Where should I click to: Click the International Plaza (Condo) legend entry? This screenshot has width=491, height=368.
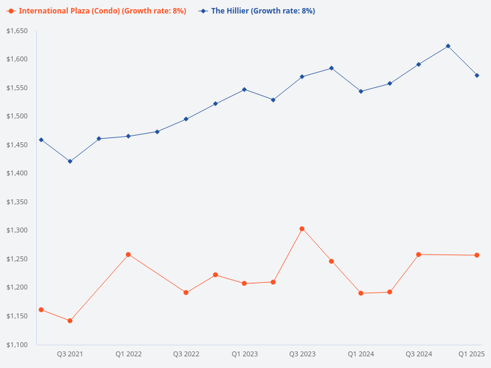pyautogui.click(x=98, y=11)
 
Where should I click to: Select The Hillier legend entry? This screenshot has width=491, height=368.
pyautogui.click(x=258, y=11)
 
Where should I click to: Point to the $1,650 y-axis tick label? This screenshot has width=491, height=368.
pyautogui.click(x=18, y=31)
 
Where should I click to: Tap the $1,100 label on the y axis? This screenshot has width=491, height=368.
pyautogui.click(x=18, y=345)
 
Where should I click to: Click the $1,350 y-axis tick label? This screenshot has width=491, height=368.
pyautogui.click(x=18, y=202)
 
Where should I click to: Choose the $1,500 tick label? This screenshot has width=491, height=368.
pyautogui.click(x=18, y=117)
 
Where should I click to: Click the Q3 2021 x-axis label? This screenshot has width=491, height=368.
pyautogui.click(x=70, y=354)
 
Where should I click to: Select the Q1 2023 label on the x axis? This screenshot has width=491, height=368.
pyautogui.click(x=244, y=354)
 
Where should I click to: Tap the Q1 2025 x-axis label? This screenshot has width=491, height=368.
pyautogui.click(x=472, y=354)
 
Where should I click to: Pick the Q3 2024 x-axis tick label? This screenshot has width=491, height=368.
pyautogui.click(x=419, y=354)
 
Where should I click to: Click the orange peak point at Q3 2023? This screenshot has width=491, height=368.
pyautogui.click(x=302, y=229)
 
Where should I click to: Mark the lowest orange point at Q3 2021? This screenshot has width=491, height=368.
pyautogui.click(x=70, y=321)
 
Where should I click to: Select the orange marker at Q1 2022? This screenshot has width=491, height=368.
pyautogui.click(x=128, y=255)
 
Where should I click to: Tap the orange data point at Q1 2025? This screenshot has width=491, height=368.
pyautogui.click(x=477, y=255)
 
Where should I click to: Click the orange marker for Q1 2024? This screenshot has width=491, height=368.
pyautogui.click(x=361, y=293)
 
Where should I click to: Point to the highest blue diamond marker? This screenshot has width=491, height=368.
pyautogui.click(x=448, y=46)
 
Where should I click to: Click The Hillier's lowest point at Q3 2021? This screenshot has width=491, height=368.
pyautogui.click(x=70, y=161)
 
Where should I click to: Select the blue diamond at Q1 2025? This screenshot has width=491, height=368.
pyautogui.click(x=477, y=75)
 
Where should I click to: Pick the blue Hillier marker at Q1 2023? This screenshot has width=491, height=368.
pyautogui.click(x=244, y=90)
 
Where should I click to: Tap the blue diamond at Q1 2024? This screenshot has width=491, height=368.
pyautogui.click(x=361, y=91)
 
